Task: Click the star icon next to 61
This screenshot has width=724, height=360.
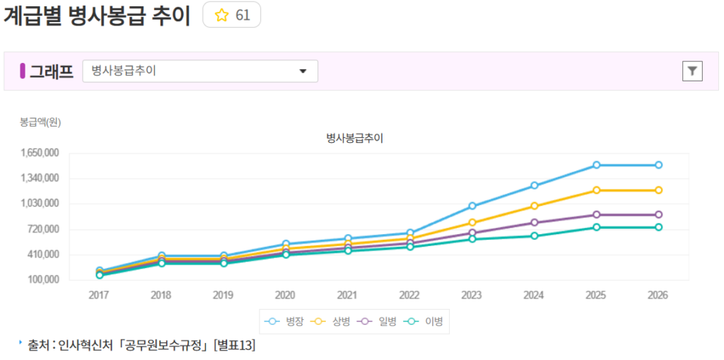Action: point(221,16)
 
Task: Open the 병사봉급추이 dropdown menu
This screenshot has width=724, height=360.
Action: point(200,71)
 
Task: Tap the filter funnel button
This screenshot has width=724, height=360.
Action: point(692,71)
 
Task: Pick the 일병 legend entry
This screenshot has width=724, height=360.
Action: point(376,321)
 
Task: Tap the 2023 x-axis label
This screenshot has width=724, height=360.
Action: point(472,295)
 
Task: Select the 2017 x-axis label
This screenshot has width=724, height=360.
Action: point(99,295)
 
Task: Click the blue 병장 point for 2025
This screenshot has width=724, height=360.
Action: point(597,165)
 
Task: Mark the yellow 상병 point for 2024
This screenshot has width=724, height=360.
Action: point(535,206)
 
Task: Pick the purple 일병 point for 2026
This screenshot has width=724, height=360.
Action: point(658,214)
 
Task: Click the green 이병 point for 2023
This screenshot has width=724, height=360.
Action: point(472,239)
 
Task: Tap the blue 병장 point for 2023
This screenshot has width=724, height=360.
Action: point(472,206)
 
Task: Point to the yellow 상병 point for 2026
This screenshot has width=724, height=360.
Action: point(658,190)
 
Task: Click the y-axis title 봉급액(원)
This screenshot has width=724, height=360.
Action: point(40,122)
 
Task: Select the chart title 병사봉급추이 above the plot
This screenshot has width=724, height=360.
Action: point(354,138)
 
